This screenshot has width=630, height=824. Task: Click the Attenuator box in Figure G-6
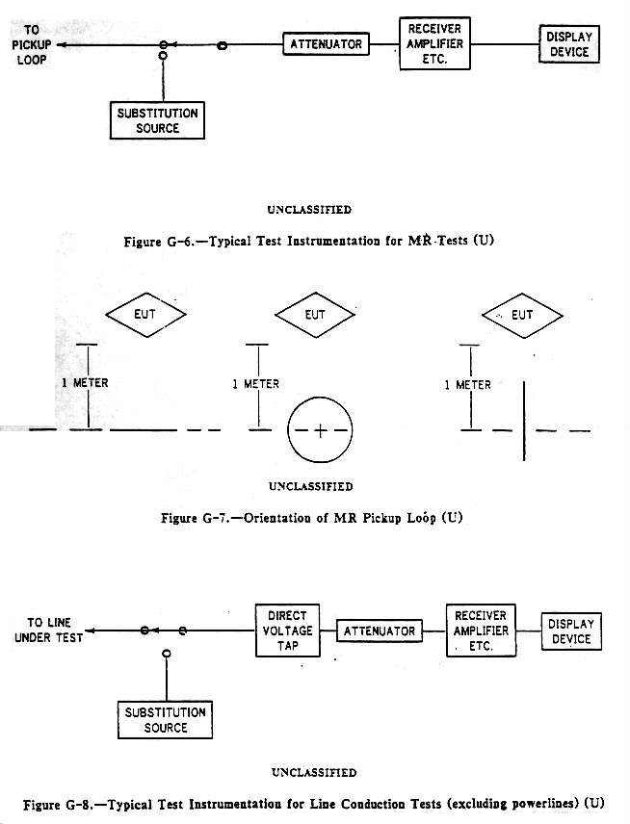(326, 44)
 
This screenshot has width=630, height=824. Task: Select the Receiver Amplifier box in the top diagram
(435, 43)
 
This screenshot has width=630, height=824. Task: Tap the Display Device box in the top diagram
(568, 44)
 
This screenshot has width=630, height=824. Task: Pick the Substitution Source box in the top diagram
(157, 119)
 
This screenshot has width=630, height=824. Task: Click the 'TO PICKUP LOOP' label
(31, 44)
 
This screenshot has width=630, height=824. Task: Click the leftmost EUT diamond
(145, 314)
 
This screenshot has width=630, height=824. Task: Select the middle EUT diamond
(314, 314)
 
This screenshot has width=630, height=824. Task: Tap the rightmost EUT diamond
(521, 314)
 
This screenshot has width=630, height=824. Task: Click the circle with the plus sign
(320, 429)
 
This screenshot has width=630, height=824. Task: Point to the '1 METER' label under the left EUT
(84, 383)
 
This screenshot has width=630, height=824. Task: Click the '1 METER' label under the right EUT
(466, 385)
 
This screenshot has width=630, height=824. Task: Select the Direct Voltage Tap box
(287, 631)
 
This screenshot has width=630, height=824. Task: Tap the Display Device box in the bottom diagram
(571, 631)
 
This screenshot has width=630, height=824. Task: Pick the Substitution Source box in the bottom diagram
(166, 720)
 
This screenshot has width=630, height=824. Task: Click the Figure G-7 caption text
(311, 518)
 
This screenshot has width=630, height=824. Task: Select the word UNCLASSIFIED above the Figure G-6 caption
(309, 210)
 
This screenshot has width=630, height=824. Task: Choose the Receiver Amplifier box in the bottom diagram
(480, 631)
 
